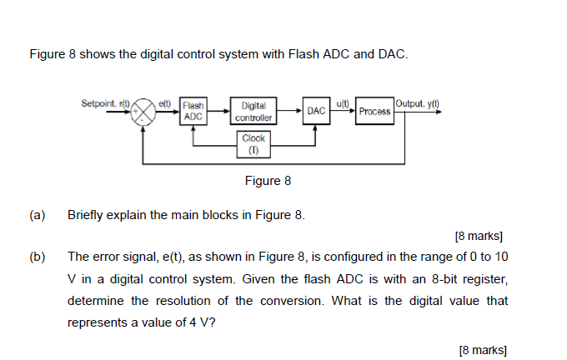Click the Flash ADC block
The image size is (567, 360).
click(x=193, y=112)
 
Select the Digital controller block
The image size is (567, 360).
click(x=253, y=112)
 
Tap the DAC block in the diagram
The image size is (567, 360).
click(x=315, y=111)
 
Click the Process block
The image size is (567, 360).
click(x=374, y=112)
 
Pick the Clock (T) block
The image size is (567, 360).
click(x=253, y=143)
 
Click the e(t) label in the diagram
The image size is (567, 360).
click(x=165, y=103)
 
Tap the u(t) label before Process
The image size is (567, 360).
click(x=343, y=102)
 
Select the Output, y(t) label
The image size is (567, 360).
click(x=419, y=102)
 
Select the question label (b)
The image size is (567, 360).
click(x=37, y=257)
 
